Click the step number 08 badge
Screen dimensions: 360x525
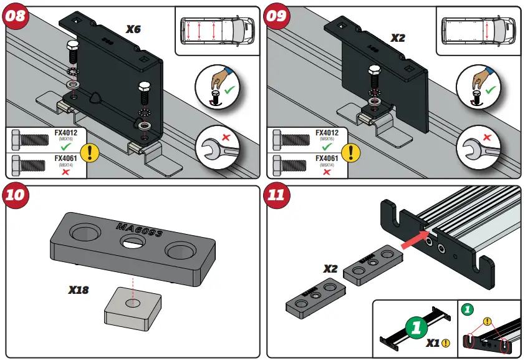pos(16,15)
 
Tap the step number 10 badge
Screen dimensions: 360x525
pos(16,195)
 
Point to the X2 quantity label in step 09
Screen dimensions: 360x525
pos(398,37)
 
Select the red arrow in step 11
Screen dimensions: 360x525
pos(415,240)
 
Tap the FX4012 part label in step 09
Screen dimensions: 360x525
pos(327,133)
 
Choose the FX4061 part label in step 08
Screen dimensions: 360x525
pos(65,159)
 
